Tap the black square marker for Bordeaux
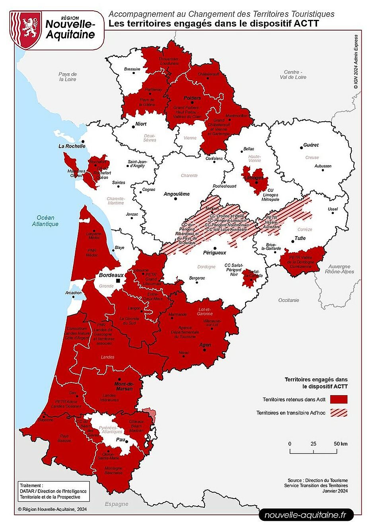pyautogui.click(x=118, y=281)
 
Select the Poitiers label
pyautogui.click(x=192, y=97)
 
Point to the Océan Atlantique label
pyautogui.click(x=45, y=221)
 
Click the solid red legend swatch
pyautogui.click(x=339, y=399)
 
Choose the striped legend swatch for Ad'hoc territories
pyautogui.click(x=339, y=413)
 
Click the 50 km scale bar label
pyautogui.click(x=341, y=444)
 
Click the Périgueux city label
pyautogui.click(x=214, y=253)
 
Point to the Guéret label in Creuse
pyautogui.click(x=311, y=145)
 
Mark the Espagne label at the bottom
pyautogui.click(x=117, y=504)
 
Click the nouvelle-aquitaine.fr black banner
pyautogui.click(x=306, y=515)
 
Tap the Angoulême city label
pyautogui.click(x=177, y=194)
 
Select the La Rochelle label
pyautogui.click(x=72, y=146)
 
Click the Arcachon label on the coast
pyautogui.click(x=74, y=293)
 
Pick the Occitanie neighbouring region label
pyautogui.click(x=289, y=300)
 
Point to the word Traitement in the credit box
pyautogui.click(x=31, y=485)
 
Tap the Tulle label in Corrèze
pyautogui.click(x=300, y=238)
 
